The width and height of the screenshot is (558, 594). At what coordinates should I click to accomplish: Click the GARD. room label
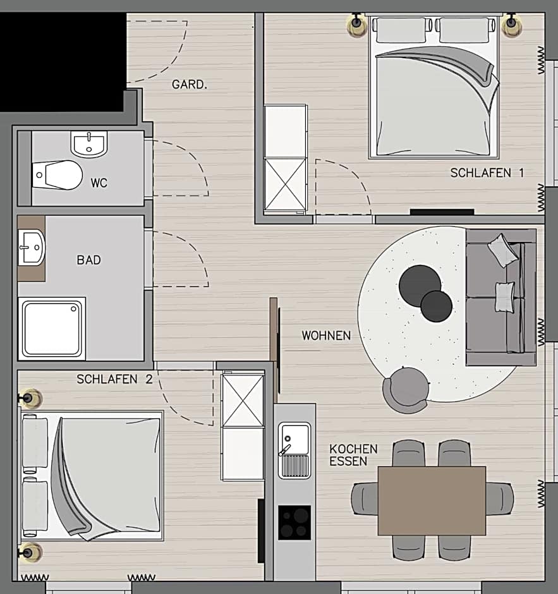pos(189,85)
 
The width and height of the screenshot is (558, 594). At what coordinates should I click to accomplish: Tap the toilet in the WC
pos(58,174)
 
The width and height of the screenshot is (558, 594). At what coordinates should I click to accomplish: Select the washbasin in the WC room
pos(89,144)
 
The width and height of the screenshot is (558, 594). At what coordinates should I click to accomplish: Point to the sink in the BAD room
pos(32,247)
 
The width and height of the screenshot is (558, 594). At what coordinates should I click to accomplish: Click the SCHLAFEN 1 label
pos(487,173)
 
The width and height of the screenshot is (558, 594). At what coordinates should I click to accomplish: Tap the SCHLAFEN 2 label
pos(114,379)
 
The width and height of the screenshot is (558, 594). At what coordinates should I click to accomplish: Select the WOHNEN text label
pos(325,336)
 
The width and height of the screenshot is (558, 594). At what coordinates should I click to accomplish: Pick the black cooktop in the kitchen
pos(294,522)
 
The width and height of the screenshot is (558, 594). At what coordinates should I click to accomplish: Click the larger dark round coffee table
pos(420,285)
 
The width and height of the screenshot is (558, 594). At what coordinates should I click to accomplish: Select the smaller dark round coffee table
pos(437,306)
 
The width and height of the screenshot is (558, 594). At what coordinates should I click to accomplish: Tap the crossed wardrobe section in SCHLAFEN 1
pos(285,184)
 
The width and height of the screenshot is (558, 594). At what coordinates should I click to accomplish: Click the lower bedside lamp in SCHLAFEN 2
pos(28,552)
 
